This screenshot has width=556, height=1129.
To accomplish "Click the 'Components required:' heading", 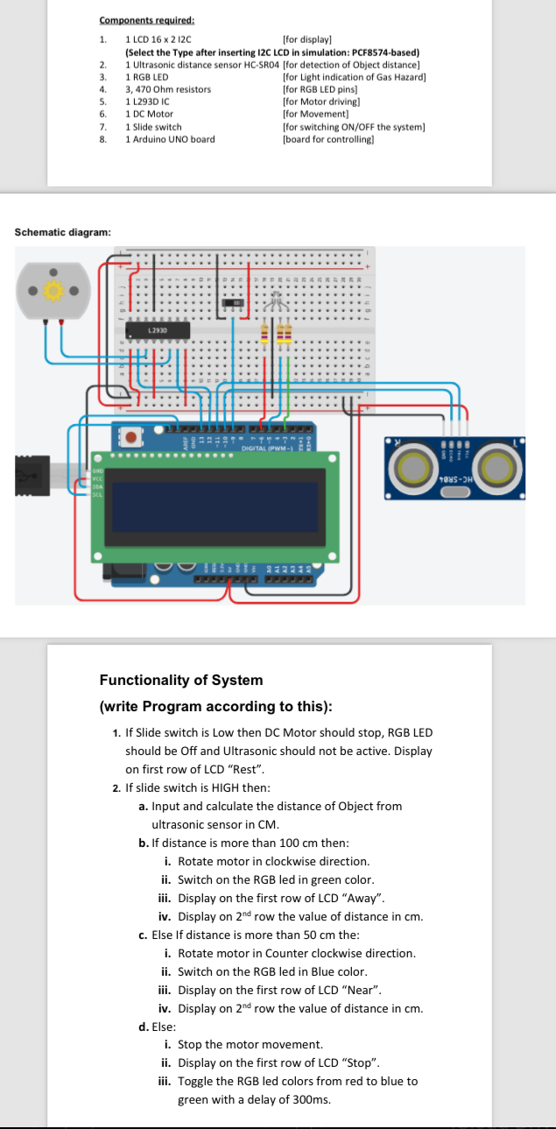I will point(146,20).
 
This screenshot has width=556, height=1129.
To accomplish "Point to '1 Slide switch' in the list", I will point(154,127).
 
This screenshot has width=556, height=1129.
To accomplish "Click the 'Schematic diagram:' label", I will point(63,232).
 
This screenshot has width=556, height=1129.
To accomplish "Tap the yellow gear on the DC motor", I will point(53,290).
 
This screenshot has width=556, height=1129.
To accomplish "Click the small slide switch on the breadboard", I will point(232,302).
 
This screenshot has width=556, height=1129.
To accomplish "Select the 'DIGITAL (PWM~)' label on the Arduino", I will point(254,449).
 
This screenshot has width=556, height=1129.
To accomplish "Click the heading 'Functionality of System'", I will point(180,681).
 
